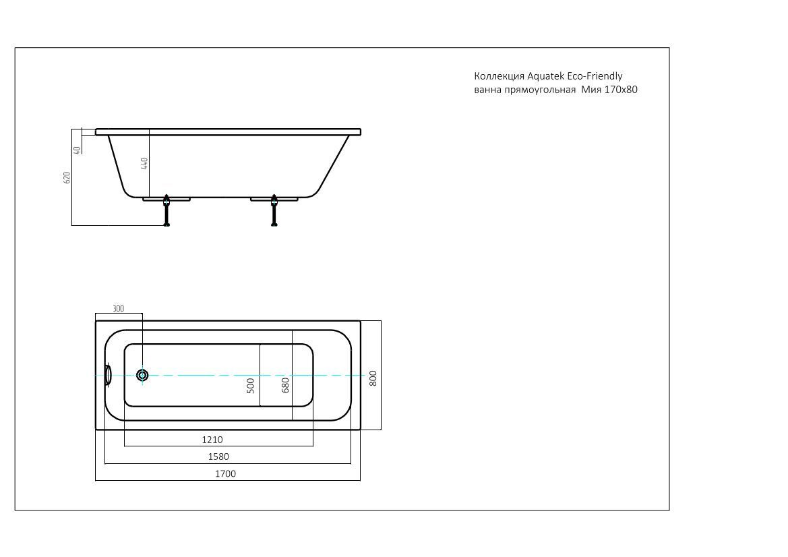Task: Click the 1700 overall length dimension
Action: pyautogui.click(x=225, y=473)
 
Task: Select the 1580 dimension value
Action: pyautogui.click(x=218, y=457)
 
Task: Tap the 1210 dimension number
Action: pyautogui.click(x=212, y=440)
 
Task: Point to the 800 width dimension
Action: pyautogui.click(x=373, y=378)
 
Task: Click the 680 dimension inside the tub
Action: pyautogui.click(x=285, y=385)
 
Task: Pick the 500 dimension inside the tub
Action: pyautogui.click(x=251, y=386)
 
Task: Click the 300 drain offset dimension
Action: pyautogui.click(x=118, y=308)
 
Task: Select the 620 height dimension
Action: pyautogui.click(x=67, y=177)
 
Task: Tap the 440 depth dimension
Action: pyautogui.click(x=144, y=163)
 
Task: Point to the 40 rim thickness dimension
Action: pyautogui.click(x=77, y=150)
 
